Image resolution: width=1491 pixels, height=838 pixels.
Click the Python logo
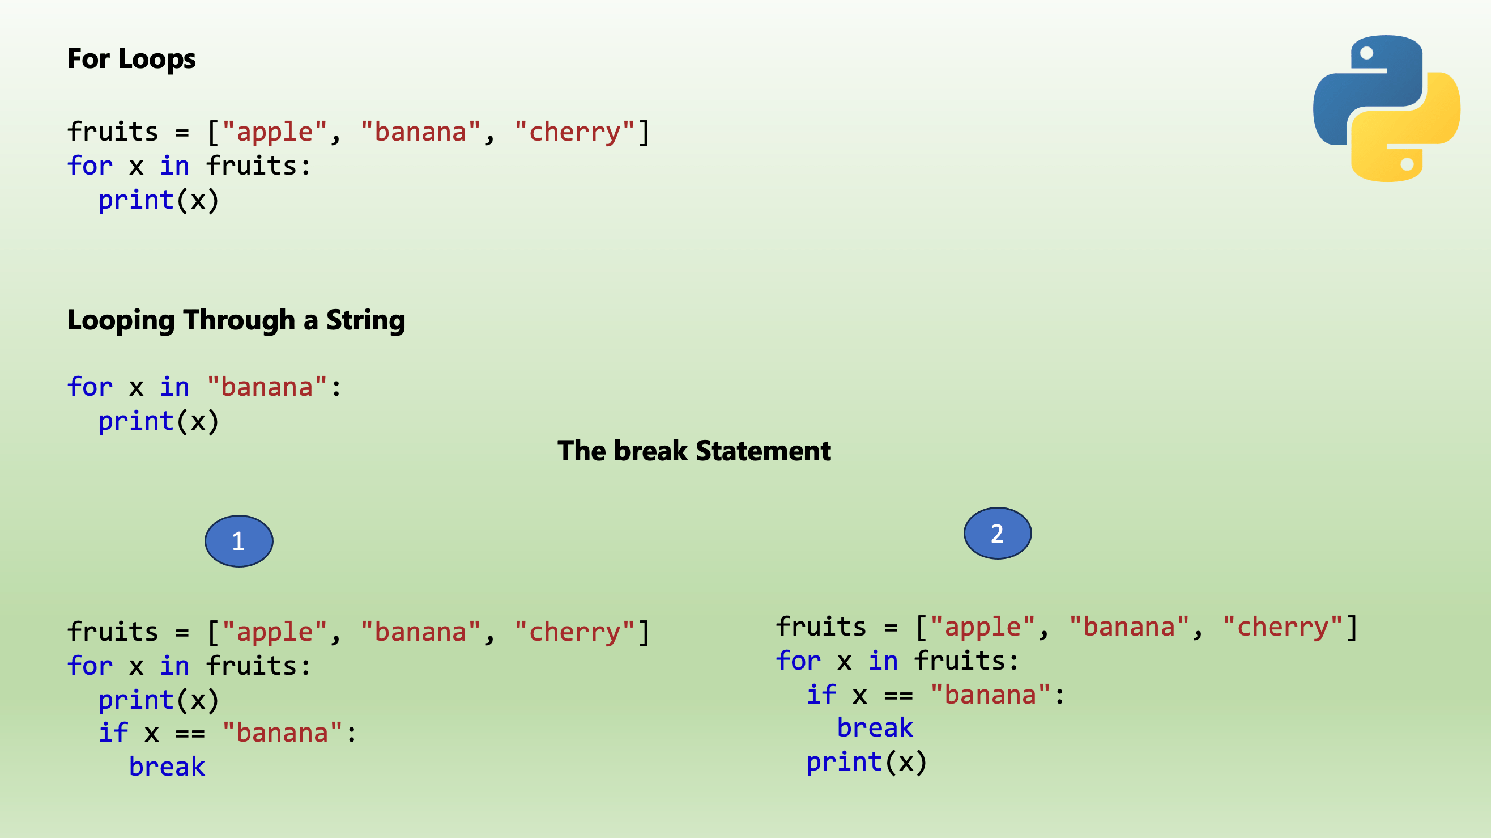pyautogui.click(x=1386, y=108)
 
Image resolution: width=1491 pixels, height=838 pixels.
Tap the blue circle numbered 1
pyautogui.click(x=238, y=541)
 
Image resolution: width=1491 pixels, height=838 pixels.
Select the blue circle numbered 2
pyautogui.click(x=997, y=534)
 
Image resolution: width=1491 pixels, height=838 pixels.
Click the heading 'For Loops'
pyautogui.click(x=131, y=59)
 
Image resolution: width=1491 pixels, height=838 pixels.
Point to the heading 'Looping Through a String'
pyautogui.click(x=236, y=320)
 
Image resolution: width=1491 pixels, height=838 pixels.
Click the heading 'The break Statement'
pyautogui.click(x=694, y=451)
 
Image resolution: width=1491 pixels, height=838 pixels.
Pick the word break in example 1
pyautogui.click(x=167, y=767)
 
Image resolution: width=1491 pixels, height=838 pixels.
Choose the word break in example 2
pyautogui.click(x=875, y=728)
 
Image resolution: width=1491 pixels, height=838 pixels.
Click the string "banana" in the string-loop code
pyautogui.click(x=267, y=387)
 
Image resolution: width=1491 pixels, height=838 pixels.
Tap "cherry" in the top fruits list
pyautogui.click(x=575, y=132)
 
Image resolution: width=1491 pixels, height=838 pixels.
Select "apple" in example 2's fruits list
pyautogui.click(x=982, y=627)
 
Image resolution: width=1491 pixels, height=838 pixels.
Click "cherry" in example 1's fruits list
pyautogui.click(x=575, y=632)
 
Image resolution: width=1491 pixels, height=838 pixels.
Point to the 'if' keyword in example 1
pyautogui.click(x=113, y=733)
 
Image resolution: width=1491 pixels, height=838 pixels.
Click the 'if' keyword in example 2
pyautogui.click(x=821, y=695)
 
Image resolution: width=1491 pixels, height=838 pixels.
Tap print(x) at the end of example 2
pyautogui.click(x=867, y=762)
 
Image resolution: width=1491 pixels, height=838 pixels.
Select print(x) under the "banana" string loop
pyautogui.click(x=159, y=421)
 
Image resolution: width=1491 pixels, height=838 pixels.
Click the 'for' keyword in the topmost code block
pyautogui.click(x=90, y=166)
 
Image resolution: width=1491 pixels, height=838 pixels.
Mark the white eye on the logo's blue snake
pyautogui.click(x=1366, y=53)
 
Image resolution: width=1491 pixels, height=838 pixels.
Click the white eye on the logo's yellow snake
pyautogui.click(x=1407, y=164)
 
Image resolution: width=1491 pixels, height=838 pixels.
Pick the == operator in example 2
pyautogui.click(x=898, y=696)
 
